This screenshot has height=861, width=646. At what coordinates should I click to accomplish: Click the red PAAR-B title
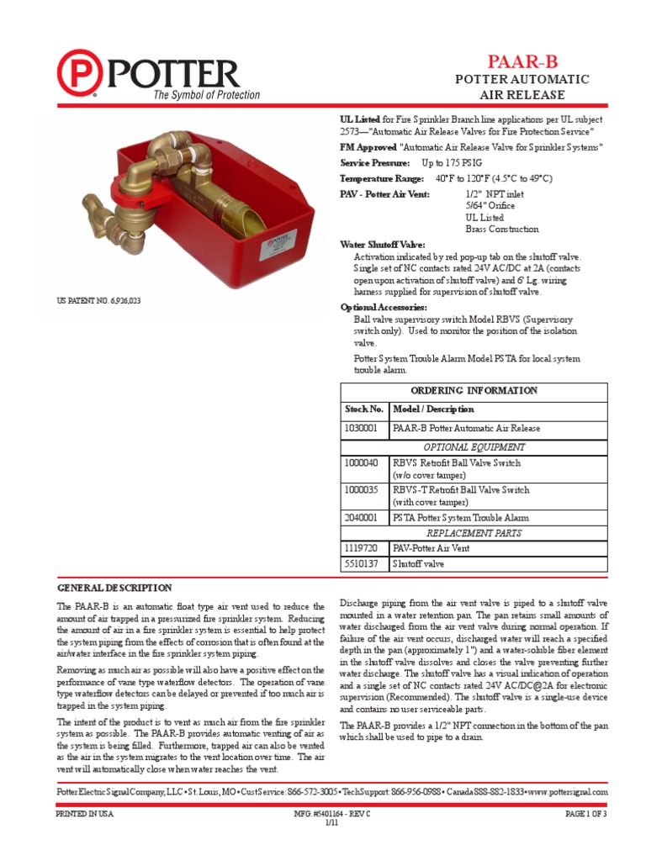522,61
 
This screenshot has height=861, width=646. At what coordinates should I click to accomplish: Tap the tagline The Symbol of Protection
206,95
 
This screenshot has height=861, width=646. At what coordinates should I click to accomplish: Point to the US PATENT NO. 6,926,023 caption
98,300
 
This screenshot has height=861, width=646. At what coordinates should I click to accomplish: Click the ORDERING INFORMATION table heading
474,390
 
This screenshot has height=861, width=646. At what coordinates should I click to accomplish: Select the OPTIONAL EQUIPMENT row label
474,447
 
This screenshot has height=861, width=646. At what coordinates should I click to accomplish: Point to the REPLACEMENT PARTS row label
474,533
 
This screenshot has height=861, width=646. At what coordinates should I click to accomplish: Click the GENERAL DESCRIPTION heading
114,588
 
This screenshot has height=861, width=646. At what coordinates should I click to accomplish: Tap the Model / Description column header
433,409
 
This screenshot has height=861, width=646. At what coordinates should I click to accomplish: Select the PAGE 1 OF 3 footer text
585,814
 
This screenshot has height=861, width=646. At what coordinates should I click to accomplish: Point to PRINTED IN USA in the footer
85,814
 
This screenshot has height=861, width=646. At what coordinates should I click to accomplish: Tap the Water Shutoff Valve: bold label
377,244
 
